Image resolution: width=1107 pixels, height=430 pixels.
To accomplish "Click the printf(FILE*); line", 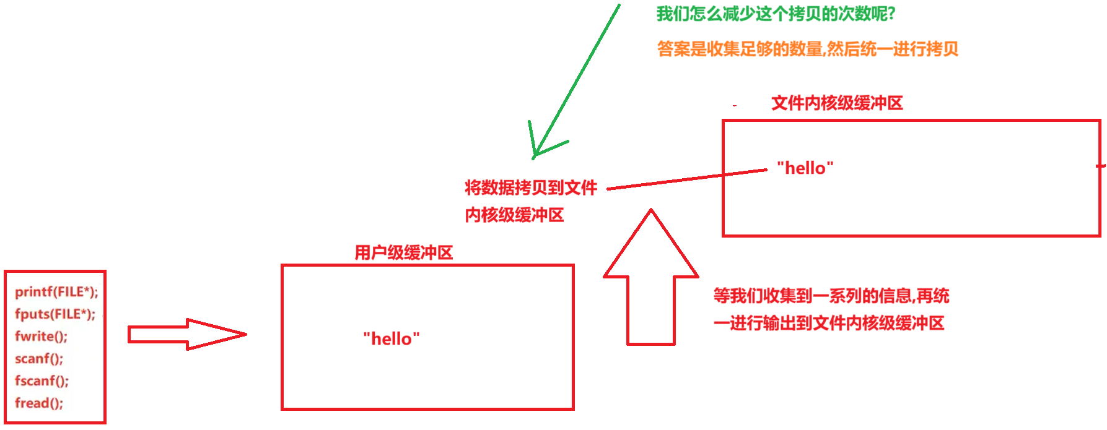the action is click(56, 291).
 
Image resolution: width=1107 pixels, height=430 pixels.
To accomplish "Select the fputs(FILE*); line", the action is click(55, 314).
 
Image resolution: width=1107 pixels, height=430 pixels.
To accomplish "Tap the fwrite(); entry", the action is click(41, 336).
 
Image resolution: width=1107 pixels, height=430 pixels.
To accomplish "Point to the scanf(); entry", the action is click(38, 358).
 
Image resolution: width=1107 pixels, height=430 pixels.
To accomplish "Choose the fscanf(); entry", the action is click(42, 381).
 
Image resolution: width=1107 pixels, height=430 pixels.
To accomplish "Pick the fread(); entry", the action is click(38, 403).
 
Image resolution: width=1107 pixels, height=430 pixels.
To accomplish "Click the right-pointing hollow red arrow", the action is click(186, 334).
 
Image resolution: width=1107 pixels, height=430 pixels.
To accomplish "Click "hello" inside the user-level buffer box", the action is click(391, 338).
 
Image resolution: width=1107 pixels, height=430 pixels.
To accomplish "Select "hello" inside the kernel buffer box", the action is click(805, 168).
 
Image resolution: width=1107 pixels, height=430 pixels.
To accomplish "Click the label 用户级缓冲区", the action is click(403, 252).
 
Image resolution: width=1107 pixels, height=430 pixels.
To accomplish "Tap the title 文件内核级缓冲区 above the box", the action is click(836, 103).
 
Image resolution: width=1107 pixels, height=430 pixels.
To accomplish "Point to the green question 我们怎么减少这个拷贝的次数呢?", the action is click(776, 14).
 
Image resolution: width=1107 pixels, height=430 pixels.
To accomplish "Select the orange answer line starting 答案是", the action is click(807, 49).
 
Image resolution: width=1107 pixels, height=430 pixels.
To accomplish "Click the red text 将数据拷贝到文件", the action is click(530, 187).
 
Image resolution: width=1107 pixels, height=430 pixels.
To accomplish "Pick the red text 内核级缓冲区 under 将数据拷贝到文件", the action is click(514, 215).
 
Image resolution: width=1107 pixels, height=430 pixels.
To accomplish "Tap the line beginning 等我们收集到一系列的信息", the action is click(831, 296).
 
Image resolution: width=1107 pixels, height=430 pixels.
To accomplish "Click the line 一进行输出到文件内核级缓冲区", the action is click(828, 323).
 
